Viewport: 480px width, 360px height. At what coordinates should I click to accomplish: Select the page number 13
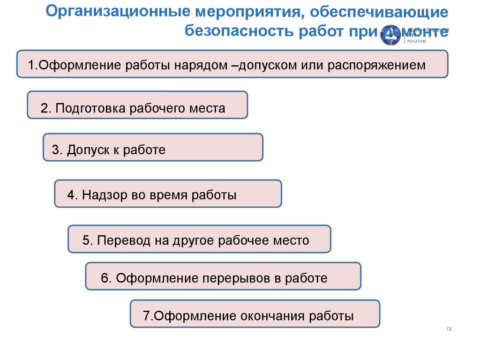click(x=449, y=329)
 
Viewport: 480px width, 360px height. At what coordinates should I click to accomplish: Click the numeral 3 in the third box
click(x=55, y=150)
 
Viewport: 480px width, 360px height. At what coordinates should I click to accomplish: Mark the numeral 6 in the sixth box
click(x=105, y=278)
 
